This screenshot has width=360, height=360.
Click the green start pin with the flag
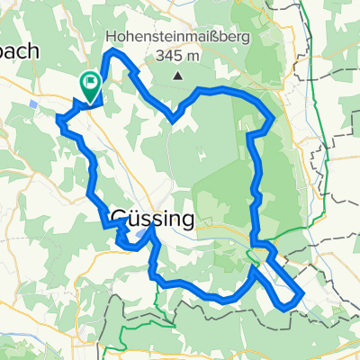point(91,86)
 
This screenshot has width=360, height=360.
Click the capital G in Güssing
point(119,219)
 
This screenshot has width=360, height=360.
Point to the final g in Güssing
point(184,220)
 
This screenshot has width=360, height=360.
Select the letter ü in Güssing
point(134,219)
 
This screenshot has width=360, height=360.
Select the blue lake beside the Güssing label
point(143,236)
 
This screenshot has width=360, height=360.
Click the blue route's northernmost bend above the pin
point(112,54)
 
